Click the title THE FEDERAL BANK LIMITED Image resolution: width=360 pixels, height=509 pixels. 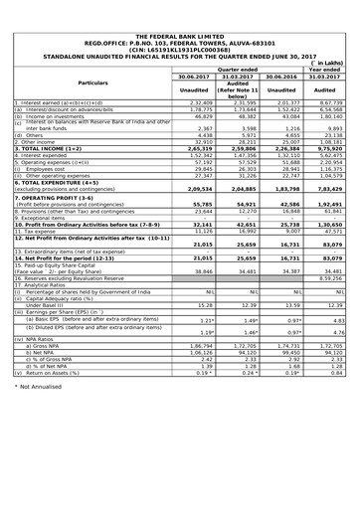(x=179, y=7)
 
